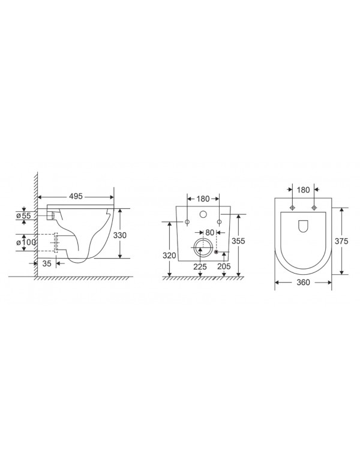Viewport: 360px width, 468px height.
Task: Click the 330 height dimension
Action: click(120, 236)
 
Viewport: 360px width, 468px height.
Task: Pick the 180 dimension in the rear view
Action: click(203, 199)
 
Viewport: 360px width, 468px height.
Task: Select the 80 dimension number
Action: click(209, 233)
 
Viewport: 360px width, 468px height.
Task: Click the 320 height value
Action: click(169, 255)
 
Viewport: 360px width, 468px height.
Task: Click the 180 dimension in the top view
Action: click(303, 190)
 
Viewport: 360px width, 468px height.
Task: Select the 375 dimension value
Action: click(341, 240)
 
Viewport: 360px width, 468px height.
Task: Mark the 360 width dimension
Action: click(303, 283)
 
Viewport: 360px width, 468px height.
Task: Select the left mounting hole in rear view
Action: click(187, 223)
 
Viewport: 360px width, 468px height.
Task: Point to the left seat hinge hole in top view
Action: click(292, 208)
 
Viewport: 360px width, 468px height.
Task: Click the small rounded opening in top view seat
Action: click(303, 226)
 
